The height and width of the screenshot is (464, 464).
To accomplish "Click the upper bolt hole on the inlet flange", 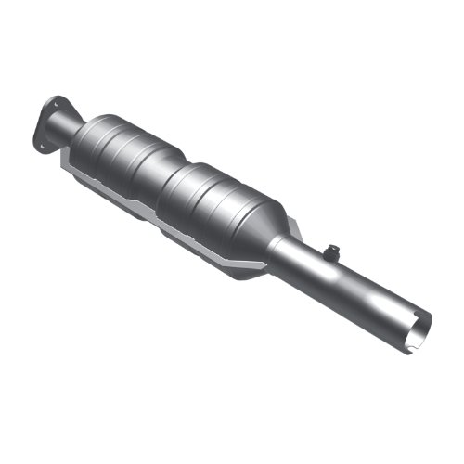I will (x=55, y=101).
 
